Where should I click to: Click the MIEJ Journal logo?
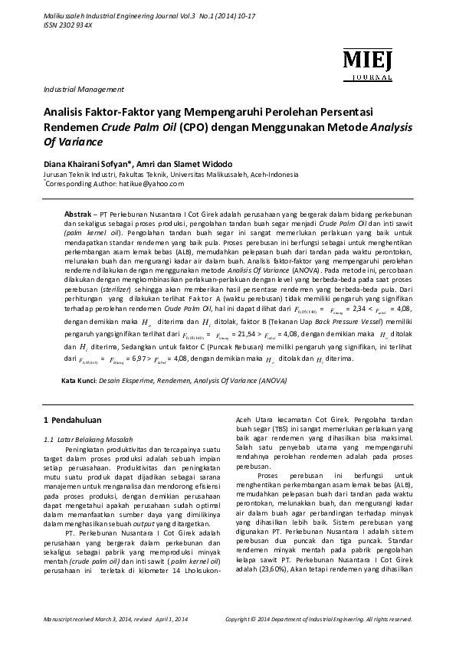coord(367,61)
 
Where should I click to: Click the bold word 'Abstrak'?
coord(77,209)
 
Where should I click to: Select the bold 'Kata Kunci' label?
coord(79,381)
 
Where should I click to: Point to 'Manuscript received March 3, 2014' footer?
coord(84,617)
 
